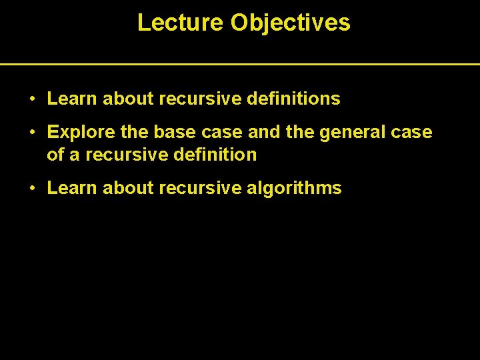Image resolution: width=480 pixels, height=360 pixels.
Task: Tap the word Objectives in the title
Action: pyautogui.click(x=290, y=23)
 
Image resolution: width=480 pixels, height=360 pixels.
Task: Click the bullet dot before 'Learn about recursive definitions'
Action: pyautogui.click(x=32, y=99)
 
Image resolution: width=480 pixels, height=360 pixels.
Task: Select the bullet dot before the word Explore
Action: pyautogui.click(x=32, y=133)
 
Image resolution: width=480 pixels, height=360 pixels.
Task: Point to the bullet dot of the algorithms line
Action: pyautogui.click(x=32, y=189)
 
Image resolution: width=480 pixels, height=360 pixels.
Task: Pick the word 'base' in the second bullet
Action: pyautogui.click(x=171, y=133)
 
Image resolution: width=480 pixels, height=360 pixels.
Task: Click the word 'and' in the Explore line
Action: pyautogui.click(x=262, y=133)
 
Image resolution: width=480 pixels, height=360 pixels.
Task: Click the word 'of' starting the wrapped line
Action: pyautogui.click(x=55, y=155)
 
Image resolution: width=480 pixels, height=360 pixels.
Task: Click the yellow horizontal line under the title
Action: pyautogui.click(x=240, y=64)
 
